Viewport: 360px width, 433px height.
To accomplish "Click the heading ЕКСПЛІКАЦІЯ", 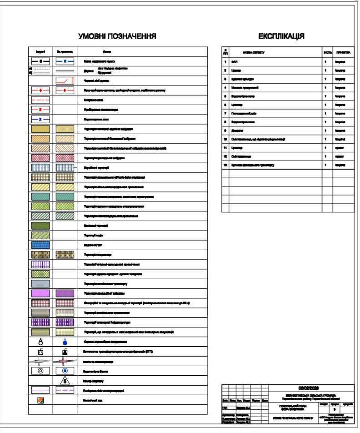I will click(281, 36).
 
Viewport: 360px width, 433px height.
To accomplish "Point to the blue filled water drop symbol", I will click(65, 342).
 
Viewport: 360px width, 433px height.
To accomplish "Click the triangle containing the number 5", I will click(65, 380).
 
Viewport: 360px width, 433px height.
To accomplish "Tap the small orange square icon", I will click(40, 400).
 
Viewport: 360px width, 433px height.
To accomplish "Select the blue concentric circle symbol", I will click(65, 371).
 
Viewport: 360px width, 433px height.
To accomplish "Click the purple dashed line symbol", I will click(65, 390).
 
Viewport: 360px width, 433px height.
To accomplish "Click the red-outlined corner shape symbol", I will click(65, 81).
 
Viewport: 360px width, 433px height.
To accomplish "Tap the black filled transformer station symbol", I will click(65, 352).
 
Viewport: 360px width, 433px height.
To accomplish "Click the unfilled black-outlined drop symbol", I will click(40, 342).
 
